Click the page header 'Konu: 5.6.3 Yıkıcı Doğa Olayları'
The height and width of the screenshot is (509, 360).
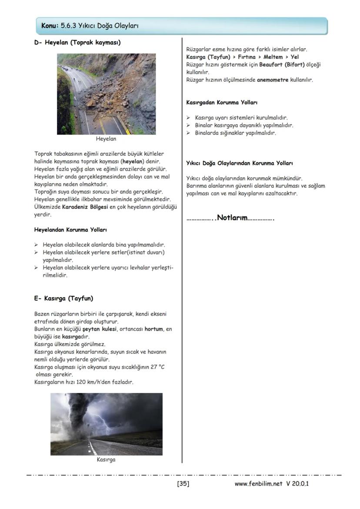coord(90,26)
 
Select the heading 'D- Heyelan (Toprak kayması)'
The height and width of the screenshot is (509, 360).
coord(77,43)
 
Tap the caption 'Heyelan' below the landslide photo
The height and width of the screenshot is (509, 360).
coord(106,140)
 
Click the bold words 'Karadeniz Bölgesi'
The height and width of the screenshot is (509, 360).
coord(85,207)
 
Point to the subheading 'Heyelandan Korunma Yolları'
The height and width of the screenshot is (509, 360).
coord(70,229)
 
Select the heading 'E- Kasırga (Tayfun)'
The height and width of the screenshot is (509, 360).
coord(63,298)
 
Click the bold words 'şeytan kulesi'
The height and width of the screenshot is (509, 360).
coord(99,329)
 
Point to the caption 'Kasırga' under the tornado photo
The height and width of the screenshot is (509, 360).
coord(106,459)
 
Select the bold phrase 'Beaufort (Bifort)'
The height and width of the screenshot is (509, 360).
coord(282,65)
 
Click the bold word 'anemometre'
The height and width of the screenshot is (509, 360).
coord(273,80)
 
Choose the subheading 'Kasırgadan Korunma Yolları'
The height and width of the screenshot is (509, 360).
coord(222,103)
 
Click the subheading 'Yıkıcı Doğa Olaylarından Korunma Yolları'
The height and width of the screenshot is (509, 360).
coord(239,163)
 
